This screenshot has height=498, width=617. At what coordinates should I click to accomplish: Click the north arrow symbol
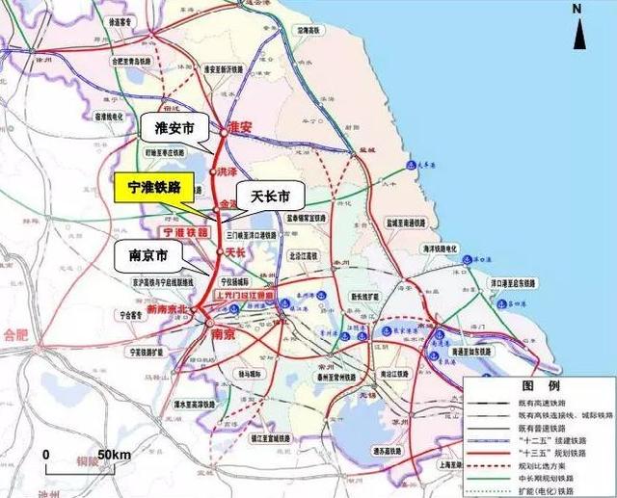(577, 30)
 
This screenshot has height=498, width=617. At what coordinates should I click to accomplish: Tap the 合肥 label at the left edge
(14, 335)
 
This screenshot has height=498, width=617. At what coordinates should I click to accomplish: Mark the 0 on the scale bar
(45, 454)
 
